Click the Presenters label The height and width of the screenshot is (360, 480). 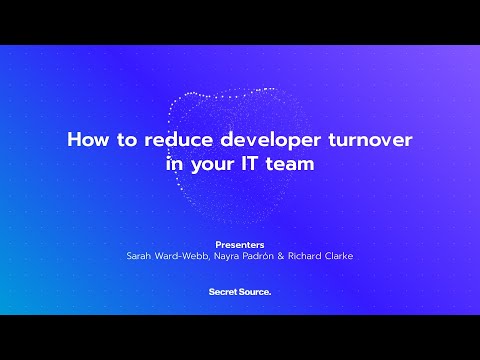point(240,244)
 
